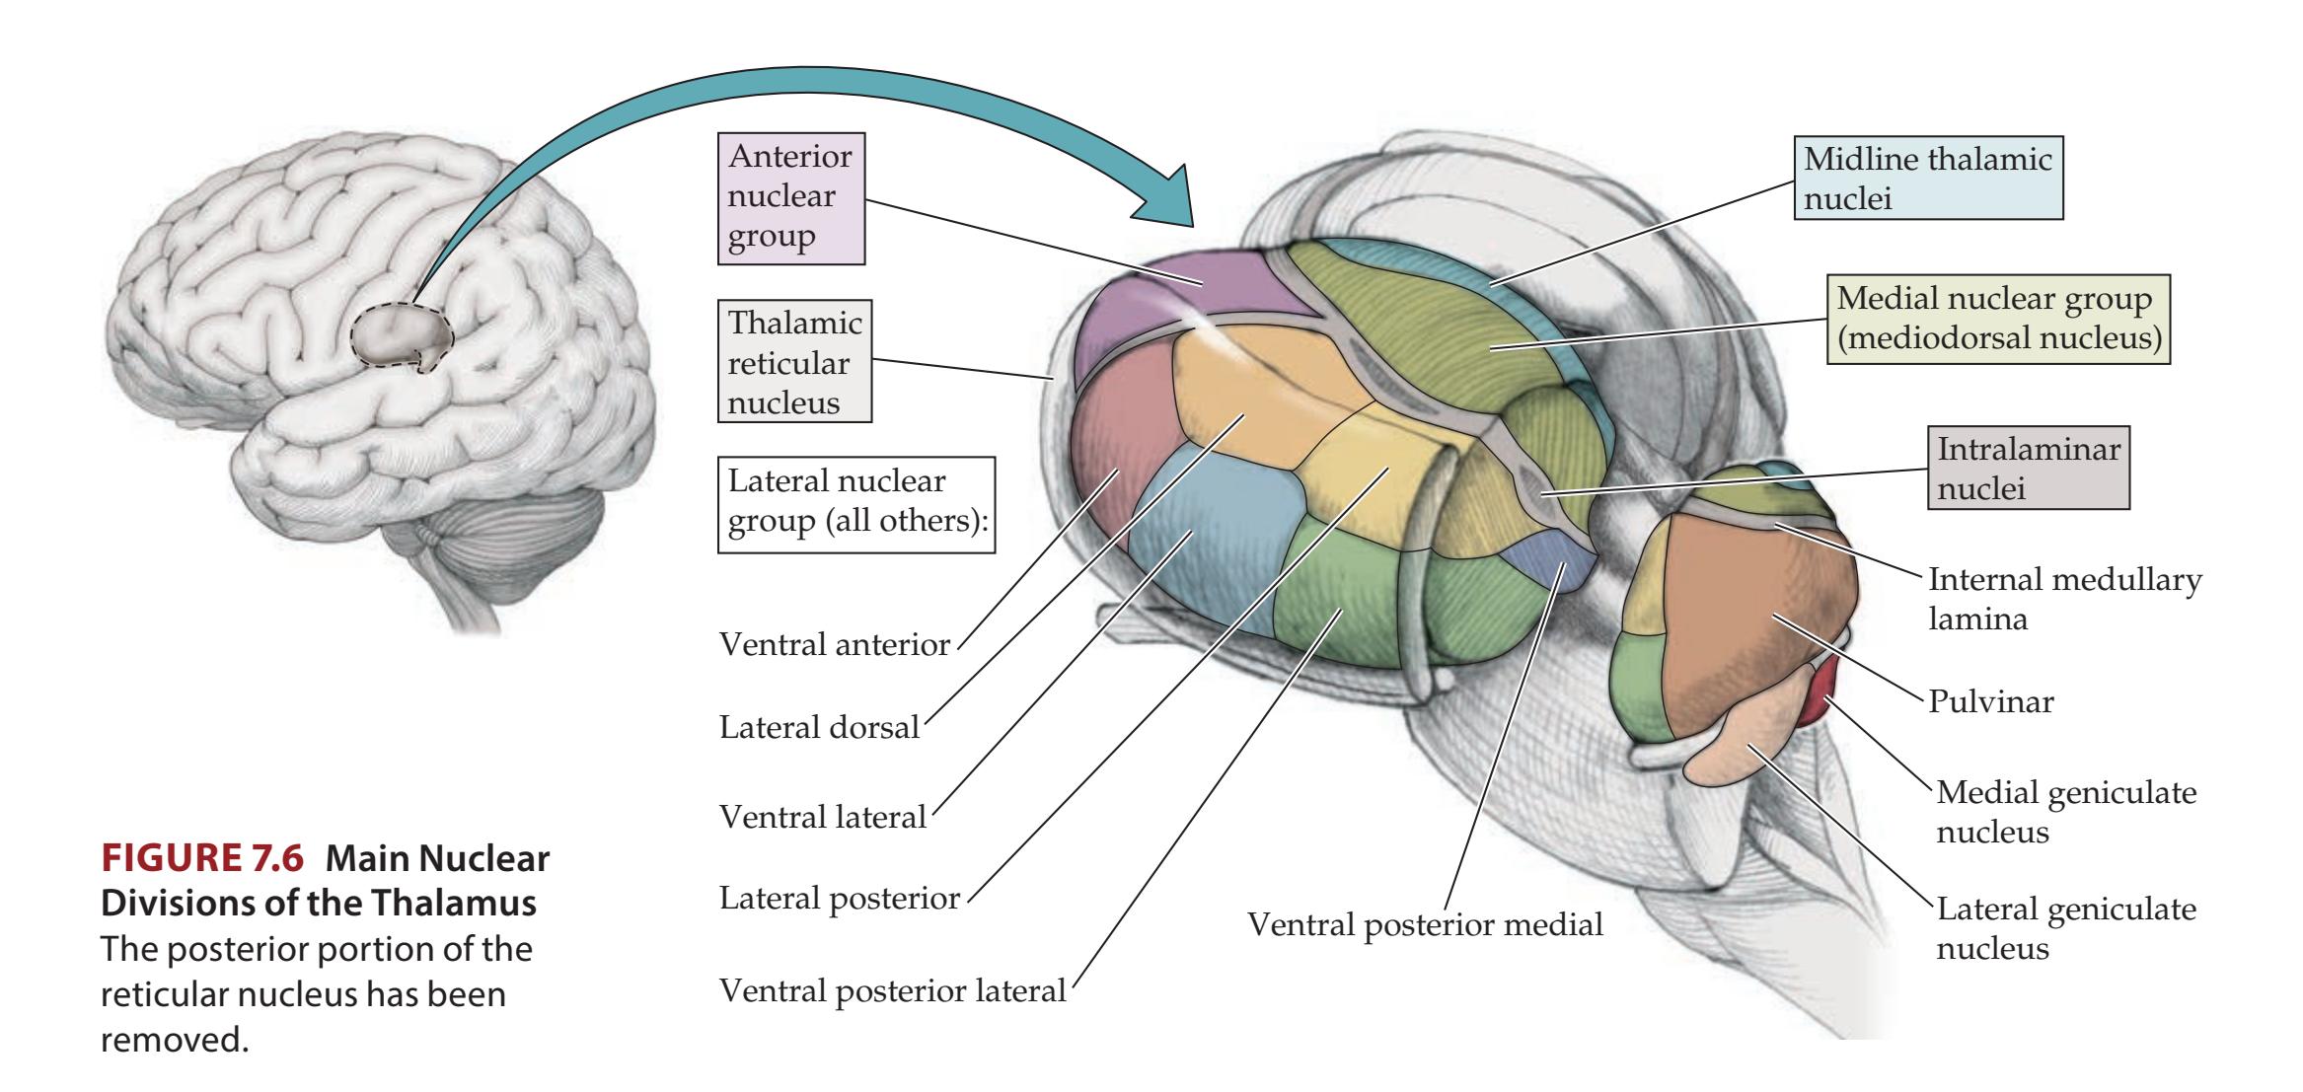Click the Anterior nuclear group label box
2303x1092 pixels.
790,196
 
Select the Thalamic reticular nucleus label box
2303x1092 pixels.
794,361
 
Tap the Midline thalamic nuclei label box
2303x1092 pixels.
1927,178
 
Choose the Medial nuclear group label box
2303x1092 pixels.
1998,318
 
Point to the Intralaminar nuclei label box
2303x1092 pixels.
2028,468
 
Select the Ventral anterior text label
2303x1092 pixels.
834,645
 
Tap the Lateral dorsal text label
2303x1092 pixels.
819,728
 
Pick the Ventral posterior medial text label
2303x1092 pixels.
1425,924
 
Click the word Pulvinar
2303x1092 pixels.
1990,702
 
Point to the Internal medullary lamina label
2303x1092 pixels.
2064,598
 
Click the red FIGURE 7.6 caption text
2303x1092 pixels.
200,859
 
